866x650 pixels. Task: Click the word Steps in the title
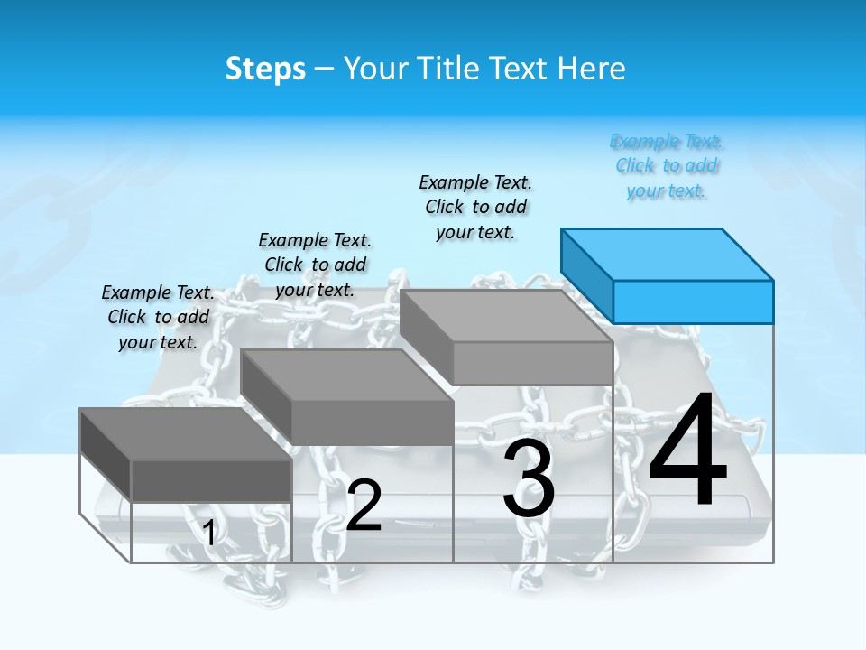point(265,69)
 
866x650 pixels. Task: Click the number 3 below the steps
point(529,479)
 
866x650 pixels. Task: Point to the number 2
point(364,506)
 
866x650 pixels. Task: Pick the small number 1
point(209,534)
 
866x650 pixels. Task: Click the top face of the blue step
point(668,254)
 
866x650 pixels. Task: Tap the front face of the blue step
point(693,302)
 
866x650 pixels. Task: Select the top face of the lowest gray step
point(185,434)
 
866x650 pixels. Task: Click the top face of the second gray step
point(346,375)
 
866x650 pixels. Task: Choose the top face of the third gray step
point(506,316)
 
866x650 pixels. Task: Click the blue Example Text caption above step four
point(667,166)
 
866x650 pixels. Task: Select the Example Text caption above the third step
point(475,207)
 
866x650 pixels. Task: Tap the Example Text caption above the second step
point(315,265)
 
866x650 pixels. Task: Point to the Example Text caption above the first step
point(158,317)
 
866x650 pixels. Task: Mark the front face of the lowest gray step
point(211,480)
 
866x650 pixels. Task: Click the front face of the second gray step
point(372,422)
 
